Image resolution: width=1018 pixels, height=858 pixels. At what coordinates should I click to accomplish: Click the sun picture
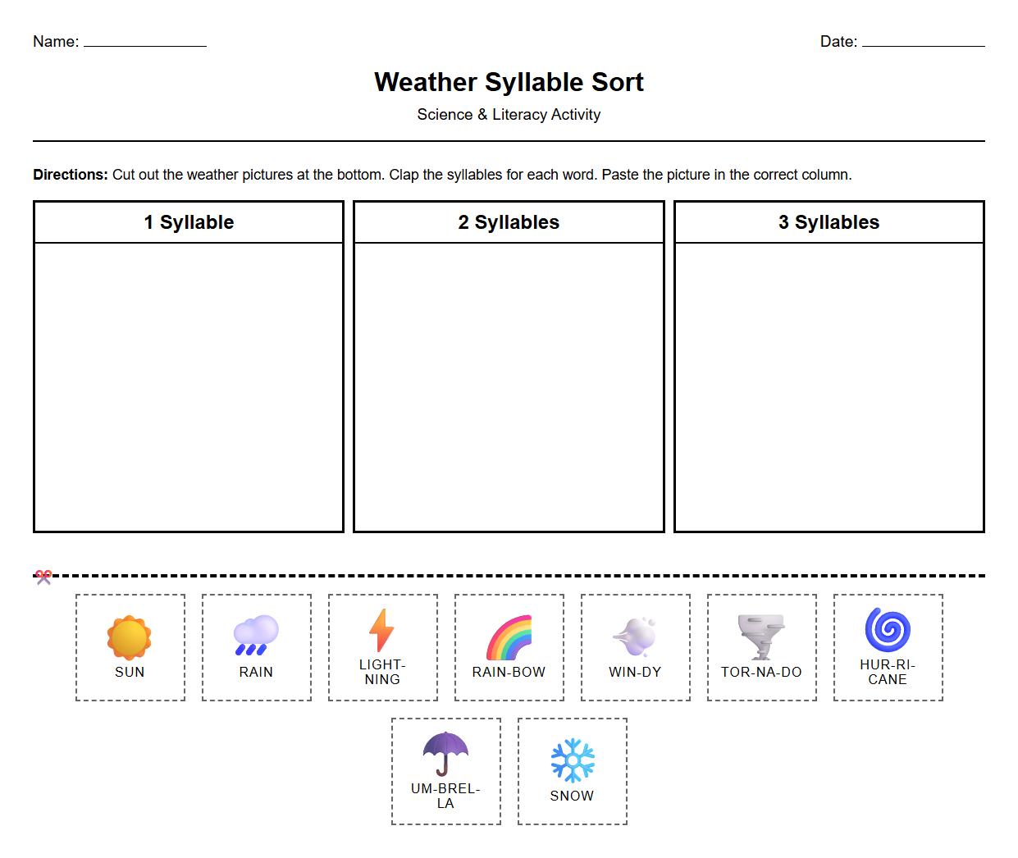[130, 637]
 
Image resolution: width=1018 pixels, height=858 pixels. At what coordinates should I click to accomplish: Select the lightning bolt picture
[381, 630]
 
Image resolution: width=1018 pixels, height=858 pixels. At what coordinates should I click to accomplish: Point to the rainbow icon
[509, 637]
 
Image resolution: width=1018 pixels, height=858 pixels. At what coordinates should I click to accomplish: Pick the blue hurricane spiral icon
[888, 630]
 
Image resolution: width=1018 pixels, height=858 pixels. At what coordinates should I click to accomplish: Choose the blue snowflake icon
[572, 760]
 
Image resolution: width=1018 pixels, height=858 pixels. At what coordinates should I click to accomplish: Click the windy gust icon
[635, 637]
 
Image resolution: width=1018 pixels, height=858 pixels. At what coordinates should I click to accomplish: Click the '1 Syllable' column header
[189, 222]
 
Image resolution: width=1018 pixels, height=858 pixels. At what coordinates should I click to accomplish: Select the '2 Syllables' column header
[509, 222]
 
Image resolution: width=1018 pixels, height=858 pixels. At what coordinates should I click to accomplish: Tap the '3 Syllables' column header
[829, 222]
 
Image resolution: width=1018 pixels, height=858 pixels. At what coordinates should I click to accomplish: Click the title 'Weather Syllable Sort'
[509, 82]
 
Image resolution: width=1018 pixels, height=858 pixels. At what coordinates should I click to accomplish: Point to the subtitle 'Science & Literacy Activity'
[509, 115]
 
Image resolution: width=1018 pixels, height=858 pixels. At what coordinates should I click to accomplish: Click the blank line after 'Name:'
[145, 44]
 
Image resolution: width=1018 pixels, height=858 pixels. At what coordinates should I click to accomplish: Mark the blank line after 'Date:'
[923, 44]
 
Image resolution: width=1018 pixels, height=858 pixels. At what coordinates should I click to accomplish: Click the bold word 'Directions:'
[71, 175]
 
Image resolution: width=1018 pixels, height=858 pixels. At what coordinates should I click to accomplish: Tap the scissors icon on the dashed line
[43, 577]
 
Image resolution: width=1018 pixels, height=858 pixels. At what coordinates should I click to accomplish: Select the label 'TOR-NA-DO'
[761, 672]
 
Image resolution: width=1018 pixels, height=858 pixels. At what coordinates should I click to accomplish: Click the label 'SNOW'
[572, 796]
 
